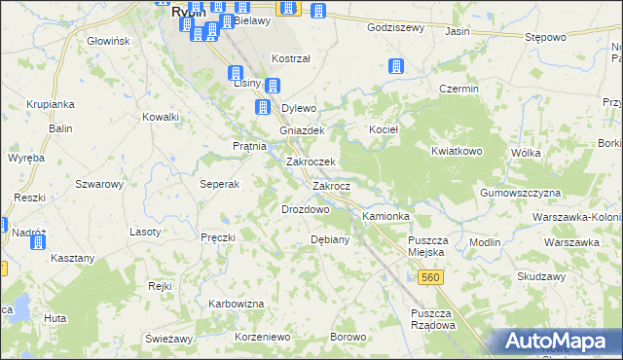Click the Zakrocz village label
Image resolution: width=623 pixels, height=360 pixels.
(338, 185)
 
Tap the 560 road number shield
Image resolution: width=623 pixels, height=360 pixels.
(432, 278)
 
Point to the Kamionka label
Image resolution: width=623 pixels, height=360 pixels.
(386, 215)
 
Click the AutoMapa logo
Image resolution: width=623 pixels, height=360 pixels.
(558, 342)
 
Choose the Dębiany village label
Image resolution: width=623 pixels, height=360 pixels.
(329, 238)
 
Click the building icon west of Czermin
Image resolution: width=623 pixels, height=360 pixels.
(396, 67)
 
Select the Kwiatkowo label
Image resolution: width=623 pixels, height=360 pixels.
(458, 151)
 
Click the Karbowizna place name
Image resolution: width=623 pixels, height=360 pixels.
(237, 304)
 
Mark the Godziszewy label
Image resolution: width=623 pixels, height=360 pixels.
(395, 28)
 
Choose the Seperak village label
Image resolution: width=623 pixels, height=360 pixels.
(220, 184)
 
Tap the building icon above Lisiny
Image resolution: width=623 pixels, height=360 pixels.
(236, 73)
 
